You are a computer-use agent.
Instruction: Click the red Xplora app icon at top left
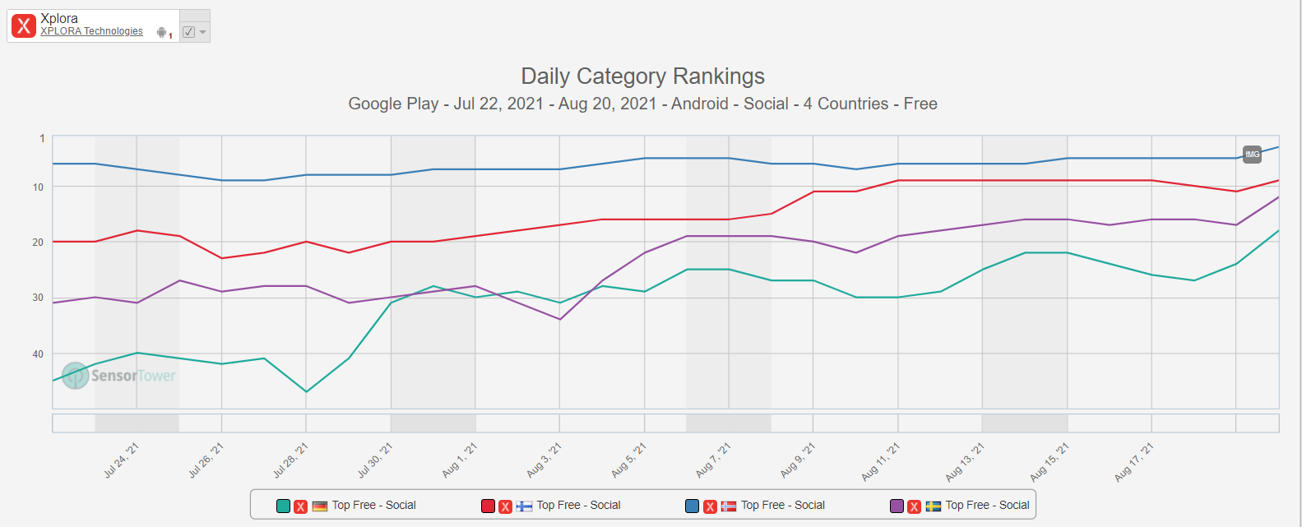click(x=24, y=25)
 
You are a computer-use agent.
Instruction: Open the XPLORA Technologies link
click(x=91, y=31)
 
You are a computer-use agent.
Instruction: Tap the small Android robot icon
click(x=161, y=33)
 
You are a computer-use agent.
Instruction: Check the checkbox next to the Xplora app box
click(x=189, y=32)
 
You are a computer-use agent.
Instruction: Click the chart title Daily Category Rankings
click(x=642, y=76)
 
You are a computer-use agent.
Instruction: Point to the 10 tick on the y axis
click(x=39, y=187)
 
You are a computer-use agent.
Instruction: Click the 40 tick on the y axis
click(x=39, y=354)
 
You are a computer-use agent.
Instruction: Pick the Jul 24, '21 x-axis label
click(x=122, y=460)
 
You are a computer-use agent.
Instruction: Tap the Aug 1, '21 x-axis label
click(x=460, y=460)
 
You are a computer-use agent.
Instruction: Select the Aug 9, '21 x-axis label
click(x=798, y=460)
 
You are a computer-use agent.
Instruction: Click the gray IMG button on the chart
click(x=1252, y=155)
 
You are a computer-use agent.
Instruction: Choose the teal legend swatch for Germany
click(x=283, y=506)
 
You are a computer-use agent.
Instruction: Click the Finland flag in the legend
click(x=524, y=506)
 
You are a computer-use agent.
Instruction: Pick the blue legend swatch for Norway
click(x=693, y=506)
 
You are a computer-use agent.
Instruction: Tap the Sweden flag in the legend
click(x=934, y=506)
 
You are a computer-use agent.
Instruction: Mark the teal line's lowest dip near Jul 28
click(x=306, y=391)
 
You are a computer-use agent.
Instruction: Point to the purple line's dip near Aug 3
click(x=560, y=319)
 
